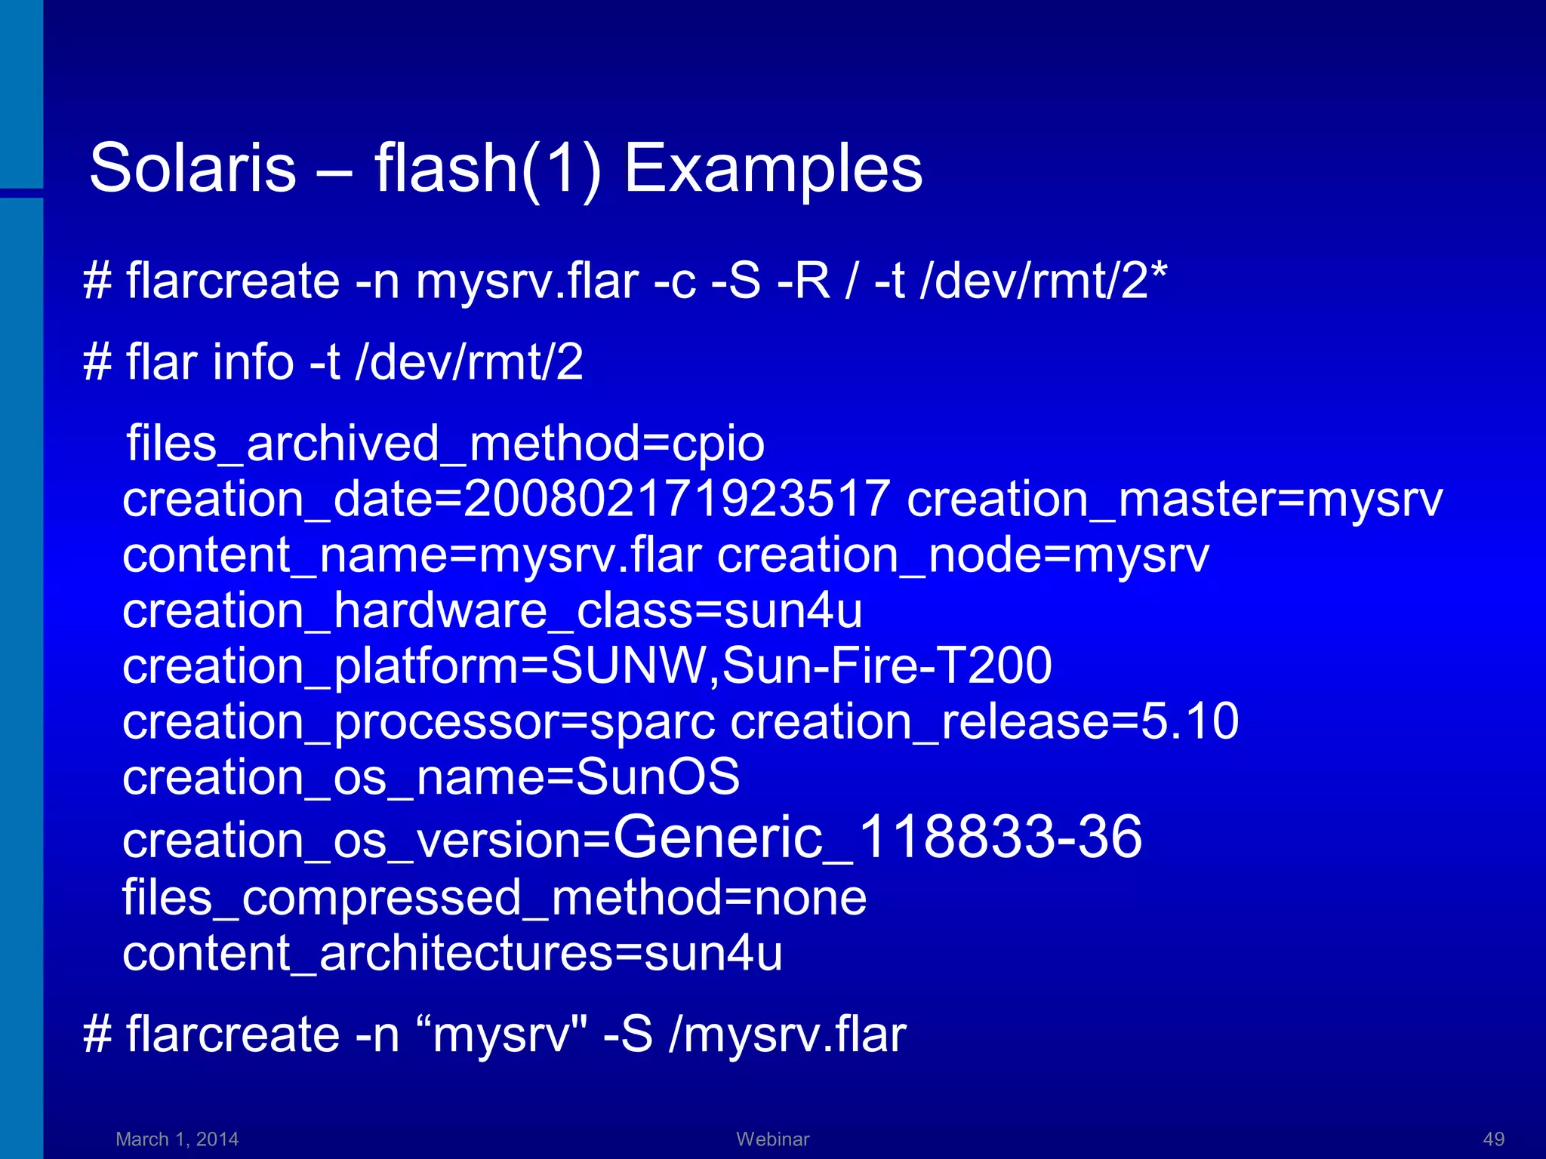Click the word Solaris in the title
[x=192, y=168]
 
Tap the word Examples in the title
[x=772, y=168]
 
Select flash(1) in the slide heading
[x=488, y=168]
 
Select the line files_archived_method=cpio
[x=445, y=443]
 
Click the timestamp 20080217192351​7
[x=676, y=499]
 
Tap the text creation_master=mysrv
[x=1175, y=499]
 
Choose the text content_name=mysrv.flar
[x=412, y=555]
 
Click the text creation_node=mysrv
[x=963, y=555]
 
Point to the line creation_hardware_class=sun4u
[x=492, y=610]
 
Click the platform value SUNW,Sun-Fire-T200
[x=801, y=666]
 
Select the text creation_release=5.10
[x=984, y=721]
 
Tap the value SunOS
[x=658, y=777]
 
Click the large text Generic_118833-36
[x=877, y=837]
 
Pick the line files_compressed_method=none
[x=494, y=897]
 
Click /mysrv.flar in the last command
[x=787, y=1034]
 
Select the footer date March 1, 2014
[x=177, y=1139]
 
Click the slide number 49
[x=1493, y=1139]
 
